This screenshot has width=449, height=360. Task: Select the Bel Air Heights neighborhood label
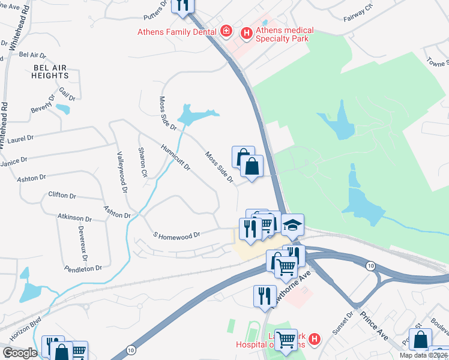51,71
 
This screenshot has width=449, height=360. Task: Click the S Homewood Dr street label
176,236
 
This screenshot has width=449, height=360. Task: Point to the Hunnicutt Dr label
175,157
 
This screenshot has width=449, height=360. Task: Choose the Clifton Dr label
62,196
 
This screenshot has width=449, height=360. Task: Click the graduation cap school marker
292,226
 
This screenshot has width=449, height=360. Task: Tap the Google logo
20,353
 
